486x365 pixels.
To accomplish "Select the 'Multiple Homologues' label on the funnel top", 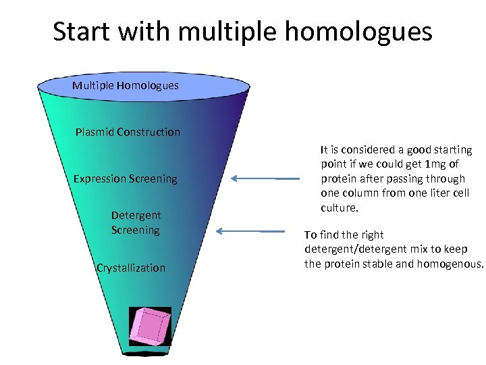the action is [x=126, y=85].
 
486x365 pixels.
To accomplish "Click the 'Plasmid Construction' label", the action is [x=128, y=132].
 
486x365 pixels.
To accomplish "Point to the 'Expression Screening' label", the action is [x=126, y=178].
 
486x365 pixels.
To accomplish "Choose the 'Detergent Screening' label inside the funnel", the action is [x=136, y=222].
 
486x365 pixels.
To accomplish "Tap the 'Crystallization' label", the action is [x=131, y=268].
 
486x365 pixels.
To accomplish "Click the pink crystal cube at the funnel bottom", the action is [x=151, y=325].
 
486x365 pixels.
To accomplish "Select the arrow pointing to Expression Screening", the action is [x=265, y=178].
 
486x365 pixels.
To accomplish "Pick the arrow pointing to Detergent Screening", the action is [x=250, y=231].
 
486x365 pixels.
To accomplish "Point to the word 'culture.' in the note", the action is [x=340, y=208].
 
